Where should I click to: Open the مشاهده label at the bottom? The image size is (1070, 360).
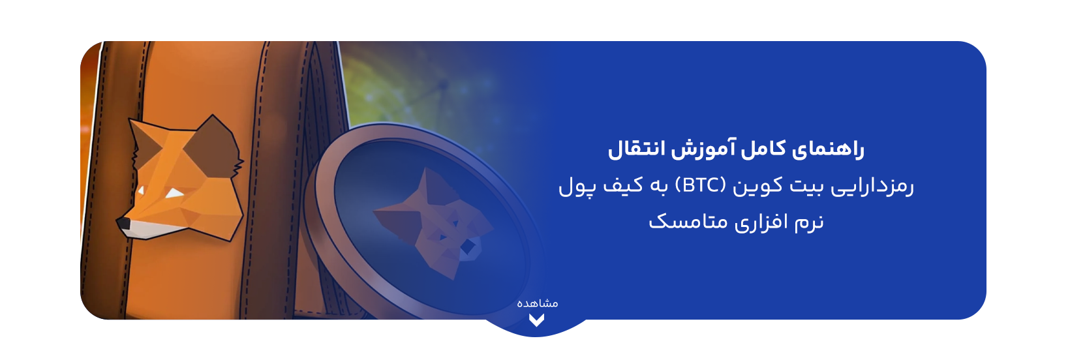[x=538, y=303]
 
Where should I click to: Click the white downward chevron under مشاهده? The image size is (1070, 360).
[x=536, y=320]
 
